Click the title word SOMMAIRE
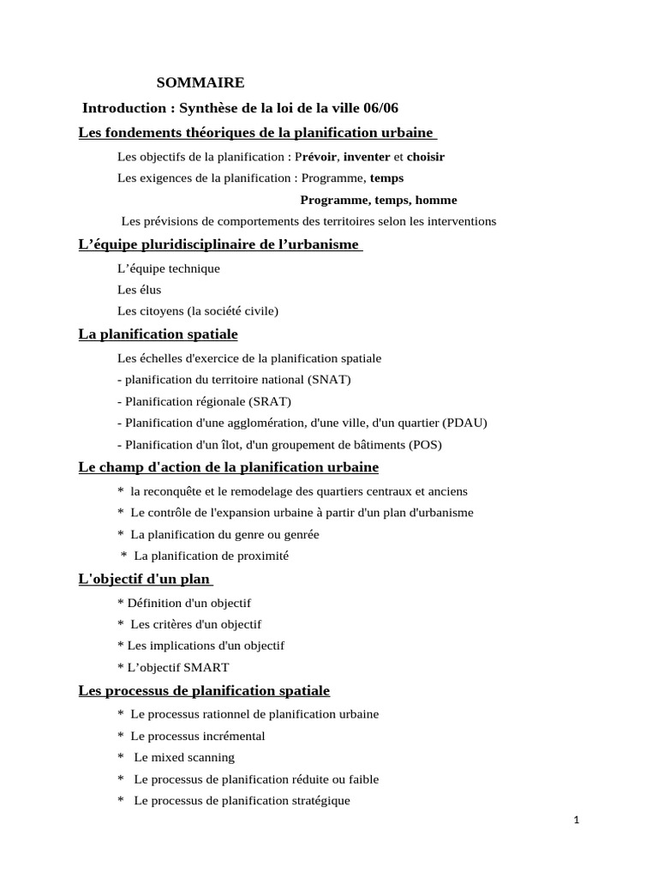[x=200, y=83]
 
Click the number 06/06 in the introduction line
[x=380, y=108]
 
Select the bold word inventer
[x=366, y=157]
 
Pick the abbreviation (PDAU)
[x=464, y=423]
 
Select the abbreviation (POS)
[x=425, y=445]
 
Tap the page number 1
[x=577, y=821]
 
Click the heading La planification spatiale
[x=158, y=334]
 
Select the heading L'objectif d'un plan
[x=138, y=580]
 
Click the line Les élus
[x=139, y=290]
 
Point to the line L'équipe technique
[x=169, y=268]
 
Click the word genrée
[x=298, y=534]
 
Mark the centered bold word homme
[x=436, y=200]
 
